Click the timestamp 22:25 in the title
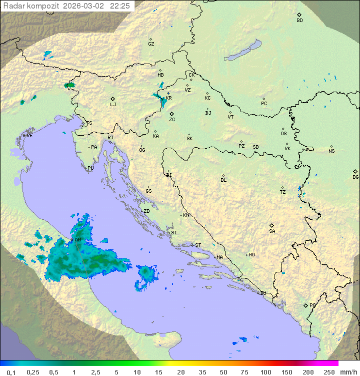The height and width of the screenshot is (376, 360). click(120, 6)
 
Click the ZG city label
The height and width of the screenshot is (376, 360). click(172, 120)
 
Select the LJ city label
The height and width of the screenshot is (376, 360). click(113, 104)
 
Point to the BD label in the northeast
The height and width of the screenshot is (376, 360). click(299, 21)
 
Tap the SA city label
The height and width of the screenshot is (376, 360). click(272, 231)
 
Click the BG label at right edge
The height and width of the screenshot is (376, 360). click(355, 177)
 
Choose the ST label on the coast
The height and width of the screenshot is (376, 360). click(198, 245)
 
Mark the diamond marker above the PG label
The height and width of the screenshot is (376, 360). click(305, 305)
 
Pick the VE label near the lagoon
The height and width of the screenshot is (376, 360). click(29, 136)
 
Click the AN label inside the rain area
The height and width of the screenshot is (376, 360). click(77, 240)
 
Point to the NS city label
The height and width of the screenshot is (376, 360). click(331, 151)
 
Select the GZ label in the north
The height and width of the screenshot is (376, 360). click(151, 44)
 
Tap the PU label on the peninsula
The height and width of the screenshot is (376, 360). click(90, 168)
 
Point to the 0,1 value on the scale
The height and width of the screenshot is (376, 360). click(11, 372)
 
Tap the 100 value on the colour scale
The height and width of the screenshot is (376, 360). click(265, 372)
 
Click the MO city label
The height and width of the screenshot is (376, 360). click(251, 255)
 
